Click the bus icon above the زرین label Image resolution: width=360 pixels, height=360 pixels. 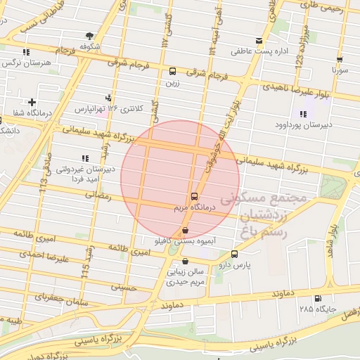173,71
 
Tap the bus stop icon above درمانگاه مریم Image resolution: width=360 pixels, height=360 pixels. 193,197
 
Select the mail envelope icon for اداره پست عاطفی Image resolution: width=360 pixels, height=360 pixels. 259,41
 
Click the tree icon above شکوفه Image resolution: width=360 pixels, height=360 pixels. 89,36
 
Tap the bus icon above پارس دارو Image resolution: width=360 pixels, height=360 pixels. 234,254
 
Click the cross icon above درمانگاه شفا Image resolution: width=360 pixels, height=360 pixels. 32,103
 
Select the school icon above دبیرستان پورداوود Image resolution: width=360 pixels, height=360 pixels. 303,115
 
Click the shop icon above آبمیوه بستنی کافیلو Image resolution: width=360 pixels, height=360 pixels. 185,230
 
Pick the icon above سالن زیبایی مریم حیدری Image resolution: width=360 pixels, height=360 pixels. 184,262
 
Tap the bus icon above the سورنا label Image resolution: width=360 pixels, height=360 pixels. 340,60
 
